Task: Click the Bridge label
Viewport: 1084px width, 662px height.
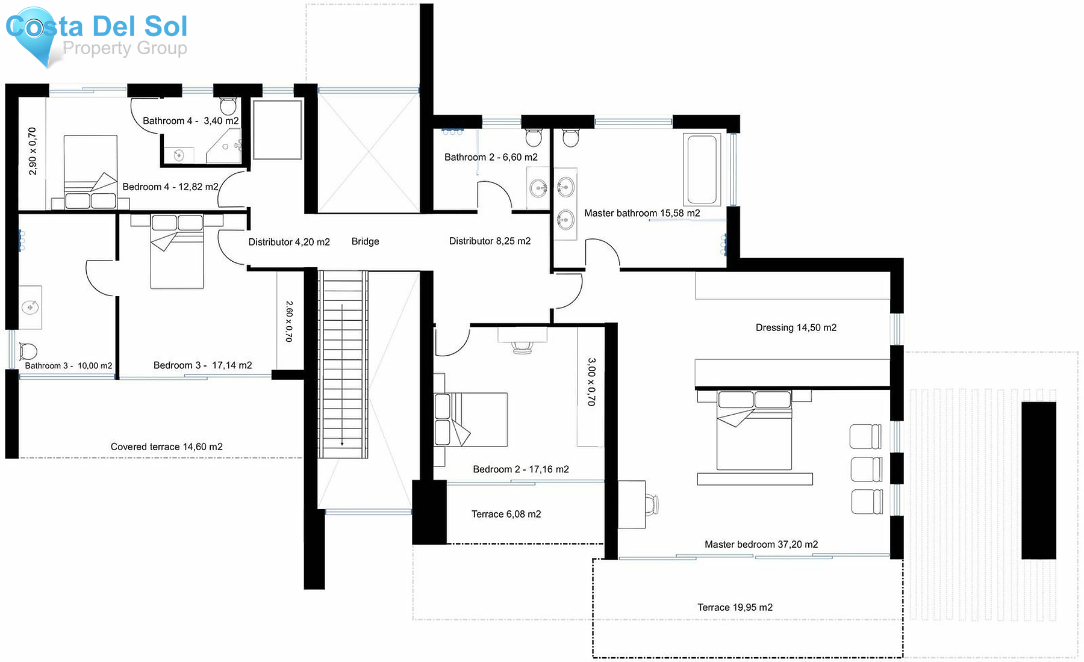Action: (365, 241)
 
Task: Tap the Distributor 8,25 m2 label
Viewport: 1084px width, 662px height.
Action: (490, 241)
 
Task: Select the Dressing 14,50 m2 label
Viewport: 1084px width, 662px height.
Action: (796, 327)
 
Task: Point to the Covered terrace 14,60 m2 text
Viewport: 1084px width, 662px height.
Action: (166, 447)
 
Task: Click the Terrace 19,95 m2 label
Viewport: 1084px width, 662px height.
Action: (735, 607)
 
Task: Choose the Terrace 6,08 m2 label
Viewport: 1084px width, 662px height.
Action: (506, 514)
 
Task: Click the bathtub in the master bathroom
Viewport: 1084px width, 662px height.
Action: (702, 170)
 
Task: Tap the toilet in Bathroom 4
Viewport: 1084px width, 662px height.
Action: (228, 106)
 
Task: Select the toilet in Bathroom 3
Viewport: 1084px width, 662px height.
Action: (28, 351)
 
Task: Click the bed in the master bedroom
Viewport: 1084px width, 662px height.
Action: (754, 430)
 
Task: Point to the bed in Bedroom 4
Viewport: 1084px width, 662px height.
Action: (90, 172)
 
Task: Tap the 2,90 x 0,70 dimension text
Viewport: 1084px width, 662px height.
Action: (33, 151)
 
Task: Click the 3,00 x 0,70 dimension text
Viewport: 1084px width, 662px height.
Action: (591, 382)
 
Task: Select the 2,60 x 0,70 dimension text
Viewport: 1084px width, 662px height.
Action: (289, 321)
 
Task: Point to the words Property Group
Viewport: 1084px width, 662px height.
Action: (125, 48)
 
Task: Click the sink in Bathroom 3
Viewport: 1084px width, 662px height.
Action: (30, 308)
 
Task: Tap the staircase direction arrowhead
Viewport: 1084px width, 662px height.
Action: (342, 444)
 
